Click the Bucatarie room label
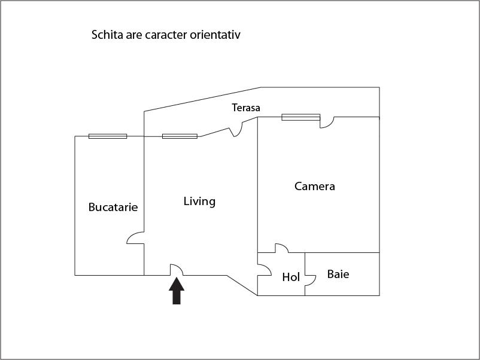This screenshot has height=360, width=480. click(x=113, y=207)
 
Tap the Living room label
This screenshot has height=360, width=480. click(x=199, y=202)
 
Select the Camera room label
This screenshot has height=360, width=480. click(x=315, y=186)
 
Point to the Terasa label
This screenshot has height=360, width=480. click(x=246, y=108)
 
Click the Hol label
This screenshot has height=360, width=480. click(x=291, y=277)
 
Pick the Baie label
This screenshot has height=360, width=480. click(x=338, y=274)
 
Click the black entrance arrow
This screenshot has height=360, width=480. click(x=177, y=291)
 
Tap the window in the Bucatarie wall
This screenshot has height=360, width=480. click(x=108, y=136)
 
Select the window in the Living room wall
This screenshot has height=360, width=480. click(x=180, y=136)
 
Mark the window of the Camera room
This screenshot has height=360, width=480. click(x=301, y=117)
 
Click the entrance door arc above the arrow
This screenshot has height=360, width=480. click(x=177, y=270)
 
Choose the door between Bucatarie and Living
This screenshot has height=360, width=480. click(x=135, y=238)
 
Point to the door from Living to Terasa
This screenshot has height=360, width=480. click(x=236, y=129)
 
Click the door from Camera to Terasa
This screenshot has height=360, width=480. click(x=327, y=122)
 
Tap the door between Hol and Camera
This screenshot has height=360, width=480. click(x=282, y=248)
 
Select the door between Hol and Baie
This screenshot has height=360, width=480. click(x=310, y=281)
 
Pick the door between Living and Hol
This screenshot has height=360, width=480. click(x=265, y=270)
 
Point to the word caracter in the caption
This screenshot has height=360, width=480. click(x=166, y=35)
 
